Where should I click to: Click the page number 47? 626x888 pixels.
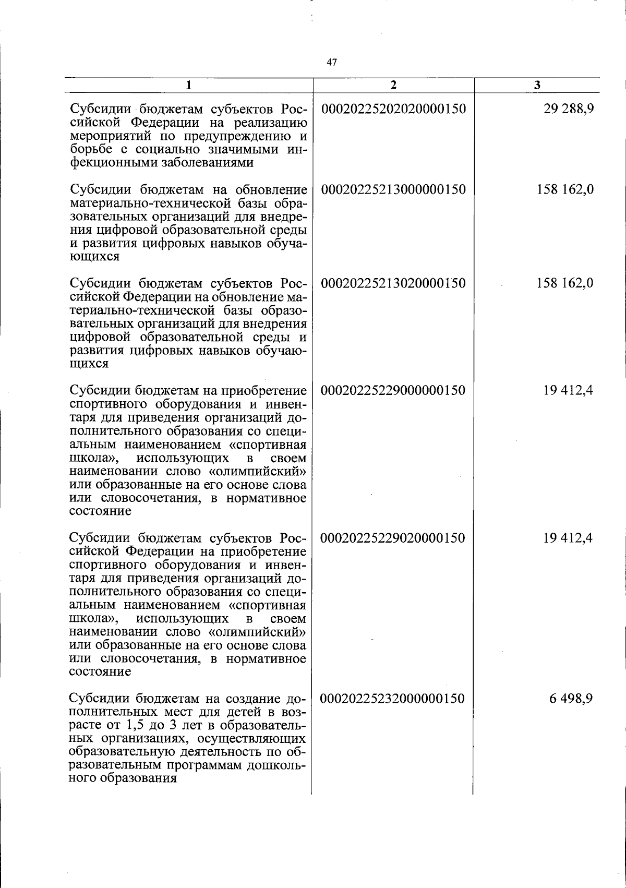point(332,63)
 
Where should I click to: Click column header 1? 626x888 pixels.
point(189,85)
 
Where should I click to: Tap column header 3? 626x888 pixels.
point(537,85)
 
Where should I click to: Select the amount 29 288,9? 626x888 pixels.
point(568,109)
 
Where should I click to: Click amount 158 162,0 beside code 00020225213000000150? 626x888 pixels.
point(565,189)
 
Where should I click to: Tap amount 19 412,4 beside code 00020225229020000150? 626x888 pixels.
point(568,537)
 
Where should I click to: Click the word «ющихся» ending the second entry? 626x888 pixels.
point(94,257)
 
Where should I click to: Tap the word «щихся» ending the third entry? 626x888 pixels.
point(89,364)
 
